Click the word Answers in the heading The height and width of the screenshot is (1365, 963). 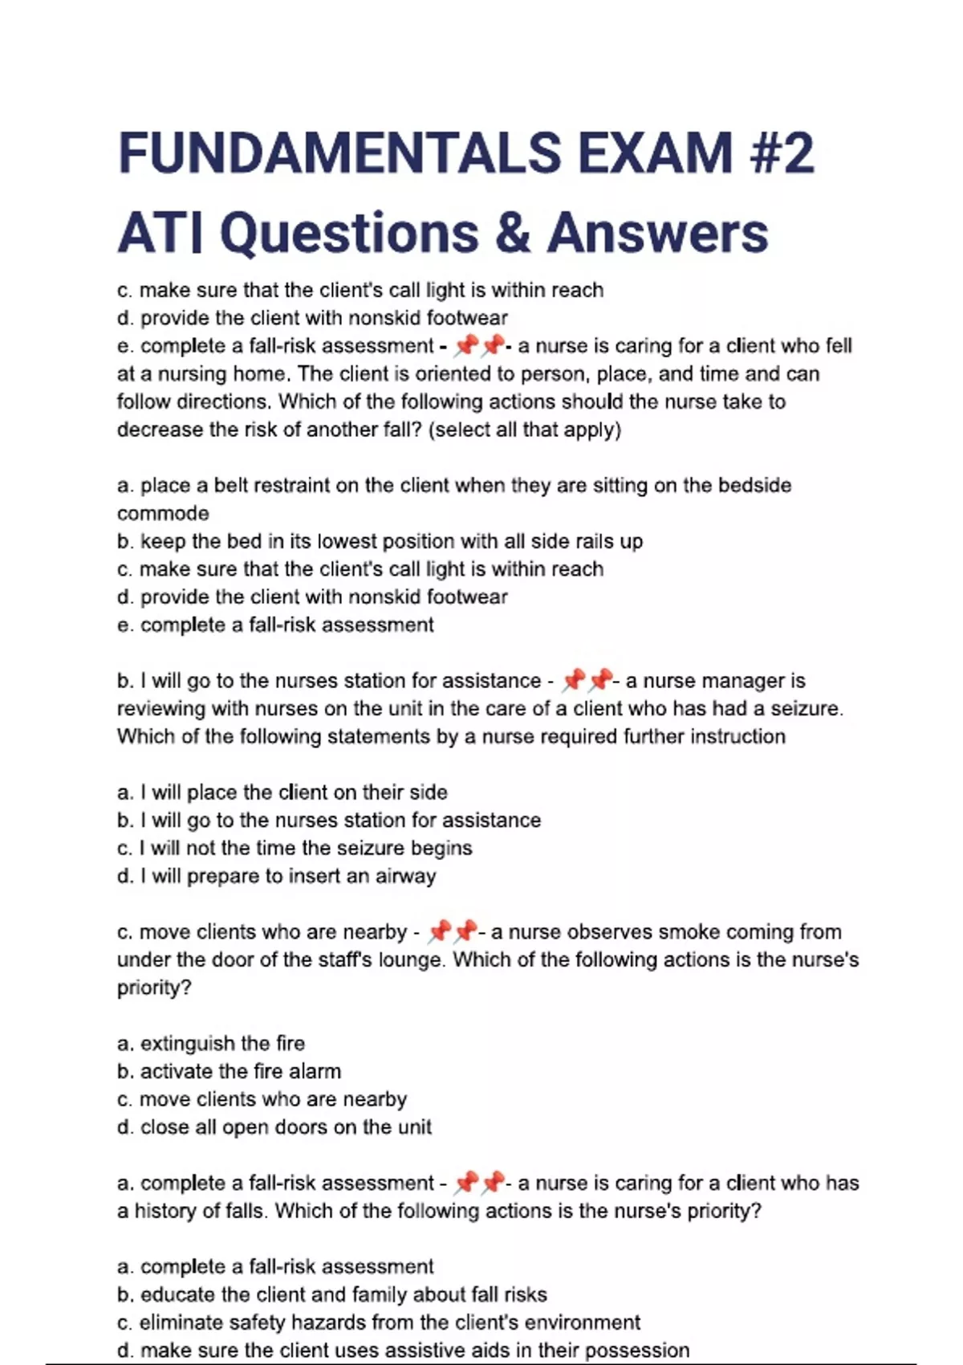tap(658, 233)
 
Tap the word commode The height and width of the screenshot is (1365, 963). tap(163, 514)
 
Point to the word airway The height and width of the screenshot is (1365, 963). tap(405, 876)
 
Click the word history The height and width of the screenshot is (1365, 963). tap(165, 1211)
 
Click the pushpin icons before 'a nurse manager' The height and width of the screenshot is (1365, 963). tap(587, 681)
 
